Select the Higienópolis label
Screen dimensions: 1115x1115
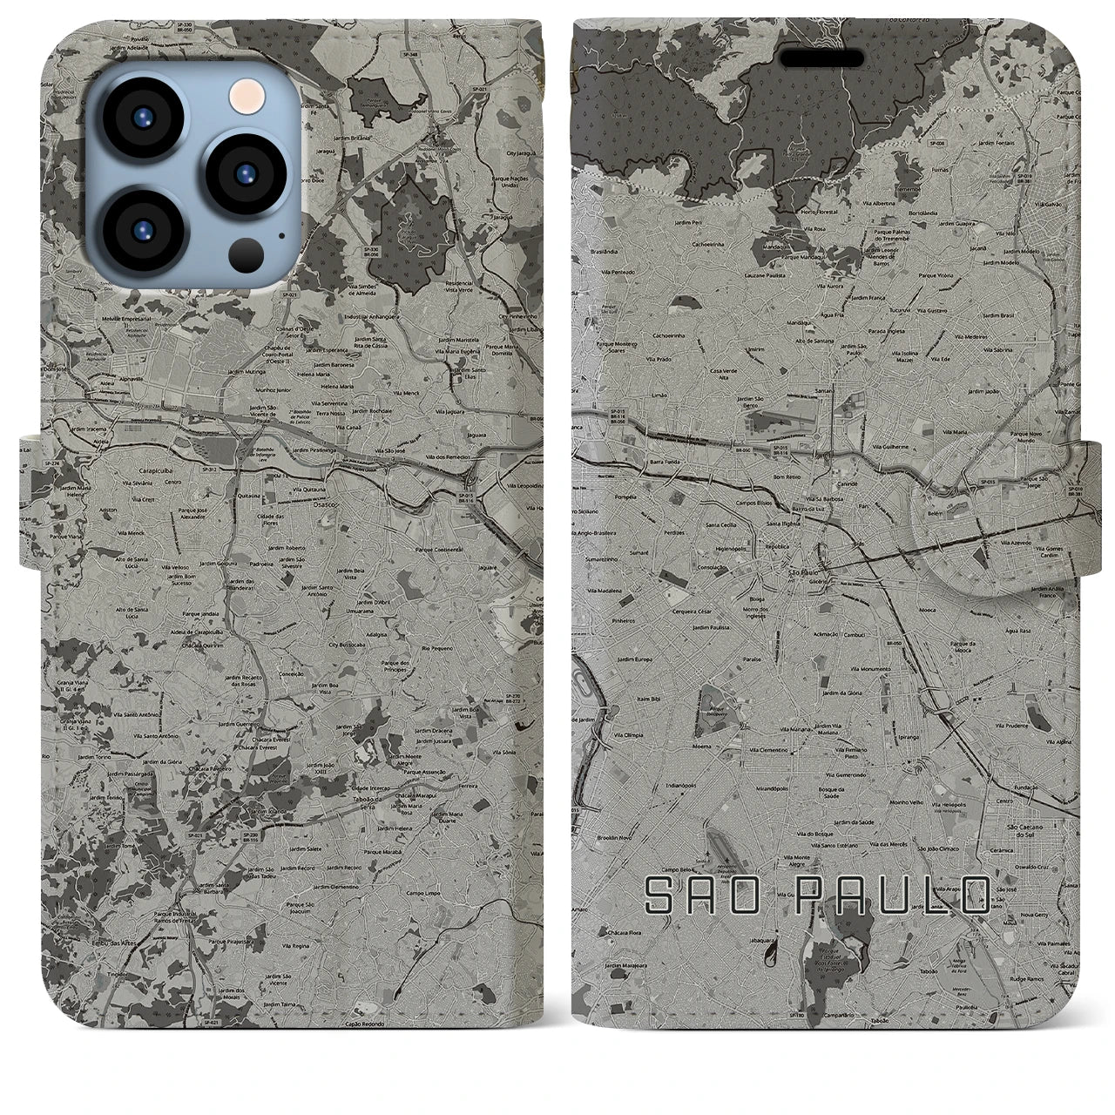coord(711,548)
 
